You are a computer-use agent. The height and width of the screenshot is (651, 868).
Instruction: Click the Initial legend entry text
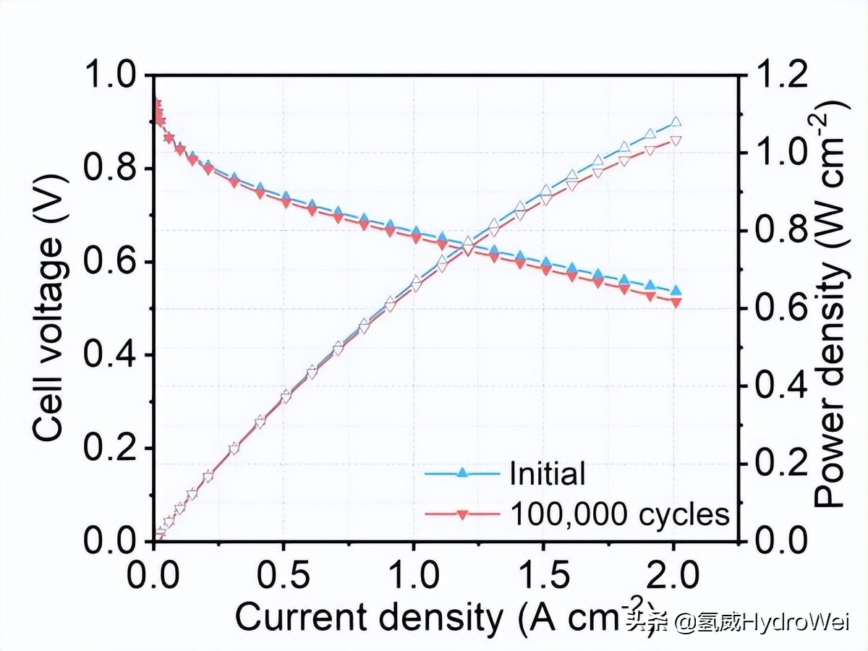[x=547, y=475]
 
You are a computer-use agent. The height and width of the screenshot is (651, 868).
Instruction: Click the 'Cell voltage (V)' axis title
[x=50, y=307]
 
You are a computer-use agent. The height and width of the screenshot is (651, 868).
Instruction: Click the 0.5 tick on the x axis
[x=284, y=576]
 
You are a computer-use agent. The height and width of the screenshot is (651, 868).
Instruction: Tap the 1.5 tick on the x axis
[x=543, y=576]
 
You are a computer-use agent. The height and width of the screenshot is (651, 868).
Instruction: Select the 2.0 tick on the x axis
[x=673, y=576]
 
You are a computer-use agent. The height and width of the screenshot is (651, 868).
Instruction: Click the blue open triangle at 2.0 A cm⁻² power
[x=676, y=122]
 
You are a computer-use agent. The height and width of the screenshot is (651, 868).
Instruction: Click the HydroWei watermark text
[x=739, y=621]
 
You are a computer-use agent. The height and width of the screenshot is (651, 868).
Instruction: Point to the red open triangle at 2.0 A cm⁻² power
[x=676, y=140]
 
